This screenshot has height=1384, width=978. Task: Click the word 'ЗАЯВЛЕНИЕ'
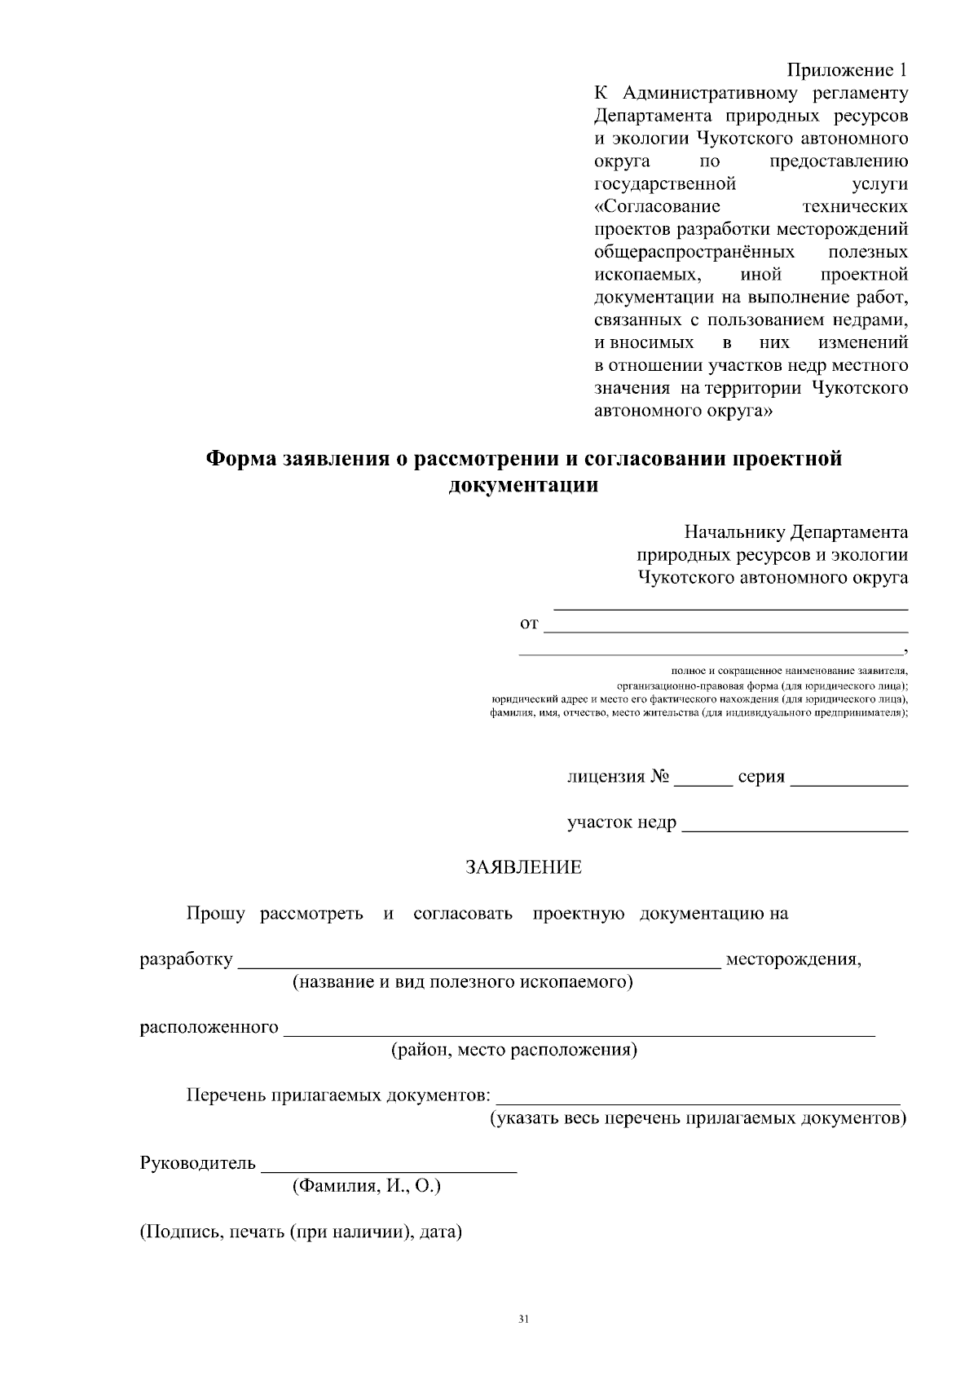pyautogui.click(x=523, y=868)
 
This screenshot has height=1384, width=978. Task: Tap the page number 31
pyautogui.click(x=523, y=1318)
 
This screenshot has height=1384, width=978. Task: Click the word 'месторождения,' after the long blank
pyautogui.click(x=793, y=959)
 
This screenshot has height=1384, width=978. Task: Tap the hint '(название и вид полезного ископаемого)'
pyautogui.click(x=463, y=982)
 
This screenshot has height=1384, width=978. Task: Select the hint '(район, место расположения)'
pyautogui.click(x=514, y=1050)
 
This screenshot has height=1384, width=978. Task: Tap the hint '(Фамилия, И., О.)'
pyautogui.click(x=367, y=1187)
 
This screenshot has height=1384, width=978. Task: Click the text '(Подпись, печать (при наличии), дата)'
pyautogui.click(x=301, y=1232)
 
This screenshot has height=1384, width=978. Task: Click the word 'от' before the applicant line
pyautogui.click(x=529, y=624)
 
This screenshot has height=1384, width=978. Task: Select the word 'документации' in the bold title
pyautogui.click(x=523, y=487)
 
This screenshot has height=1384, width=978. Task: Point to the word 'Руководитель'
pyautogui.click(x=198, y=1163)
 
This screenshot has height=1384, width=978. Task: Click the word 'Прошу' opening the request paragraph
pyautogui.click(x=215, y=914)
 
